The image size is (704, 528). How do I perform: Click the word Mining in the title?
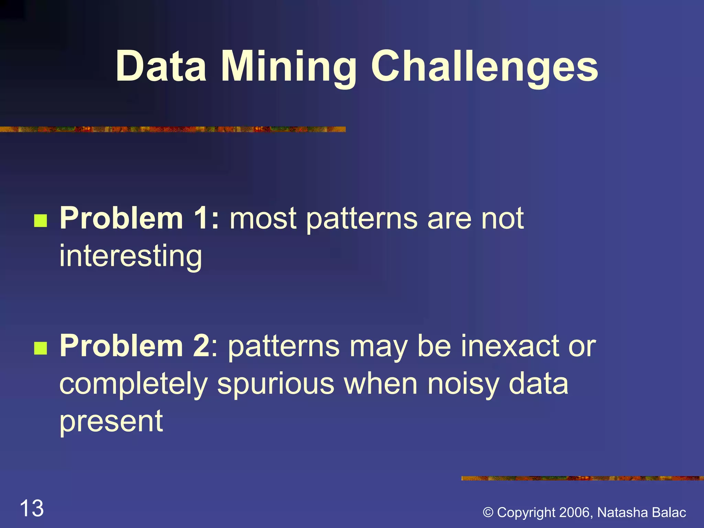[289, 67]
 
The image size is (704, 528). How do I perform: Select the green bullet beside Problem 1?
[41, 221]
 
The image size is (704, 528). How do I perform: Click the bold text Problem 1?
[139, 219]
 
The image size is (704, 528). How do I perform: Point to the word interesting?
[131, 256]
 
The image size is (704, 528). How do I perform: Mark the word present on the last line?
[111, 422]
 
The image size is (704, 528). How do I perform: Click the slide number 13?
[32, 508]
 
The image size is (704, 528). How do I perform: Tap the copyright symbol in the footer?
[488, 513]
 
